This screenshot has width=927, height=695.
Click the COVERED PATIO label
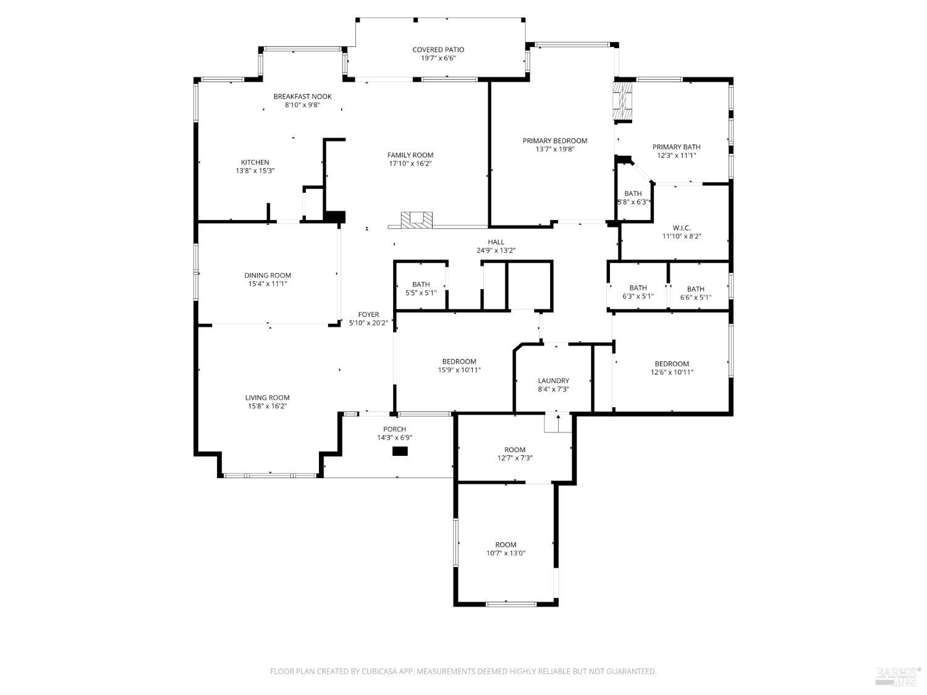click(x=438, y=49)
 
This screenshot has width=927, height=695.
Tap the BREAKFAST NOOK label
click(x=302, y=96)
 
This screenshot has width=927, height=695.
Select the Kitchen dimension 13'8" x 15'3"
click(x=255, y=171)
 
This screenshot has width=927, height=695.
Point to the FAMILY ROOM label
click(x=410, y=155)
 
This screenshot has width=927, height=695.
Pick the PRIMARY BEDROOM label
click(x=554, y=140)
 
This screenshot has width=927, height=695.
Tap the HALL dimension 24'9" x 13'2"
click(x=496, y=250)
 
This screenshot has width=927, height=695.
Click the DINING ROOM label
click(x=267, y=276)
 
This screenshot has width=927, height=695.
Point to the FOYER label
click(x=368, y=314)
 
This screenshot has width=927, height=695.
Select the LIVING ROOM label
click(x=267, y=398)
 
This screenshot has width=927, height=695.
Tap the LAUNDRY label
click(x=553, y=381)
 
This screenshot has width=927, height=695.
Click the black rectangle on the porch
click(x=400, y=451)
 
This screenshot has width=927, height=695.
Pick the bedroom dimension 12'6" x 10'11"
click(x=672, y=372)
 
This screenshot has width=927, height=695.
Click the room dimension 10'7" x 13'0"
click(x=506, y=554)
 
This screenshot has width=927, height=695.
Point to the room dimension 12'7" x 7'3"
click(x=515, y=458)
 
